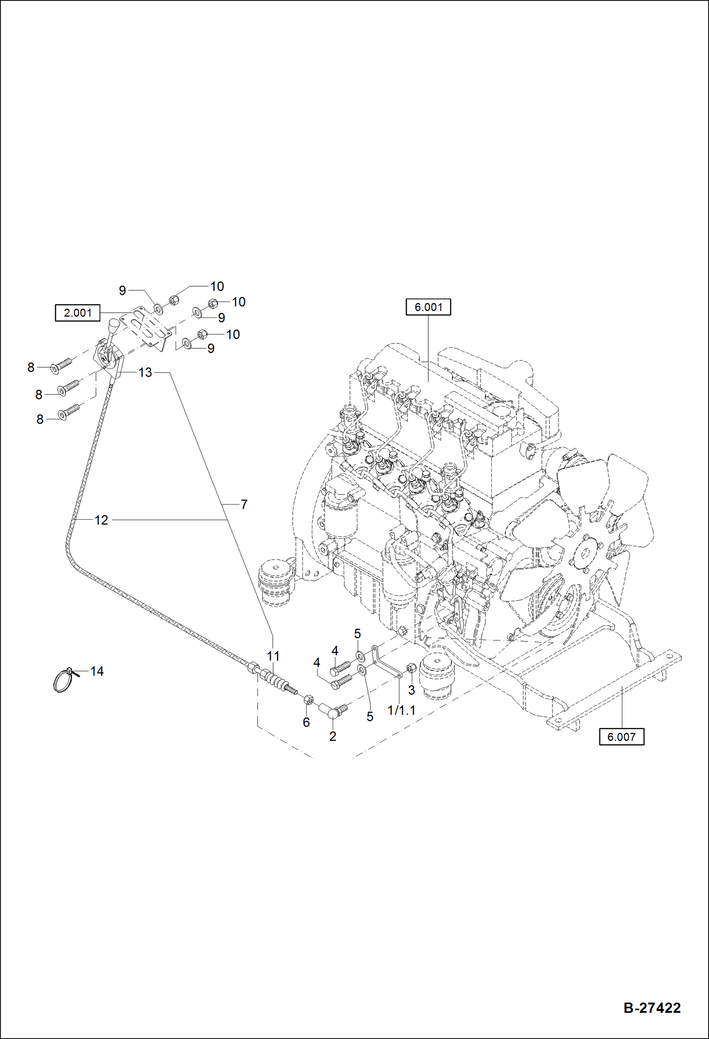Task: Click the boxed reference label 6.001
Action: point(428,307)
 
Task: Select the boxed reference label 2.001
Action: point(78,313)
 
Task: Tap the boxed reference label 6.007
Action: point(621,737)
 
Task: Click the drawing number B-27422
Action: point(652,1008)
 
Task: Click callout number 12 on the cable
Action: point(101,520)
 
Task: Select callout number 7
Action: point(244,505)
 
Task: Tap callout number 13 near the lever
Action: point(145,372)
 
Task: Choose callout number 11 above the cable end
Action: point(273,656)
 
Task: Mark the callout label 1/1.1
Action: point(401,710)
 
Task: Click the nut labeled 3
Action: point(411,668)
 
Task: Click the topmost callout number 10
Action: point(217,286)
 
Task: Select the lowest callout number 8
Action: point(40,419)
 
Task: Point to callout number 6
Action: point(306,722)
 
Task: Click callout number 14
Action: point(97,671)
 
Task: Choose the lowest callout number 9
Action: point(211,348)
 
